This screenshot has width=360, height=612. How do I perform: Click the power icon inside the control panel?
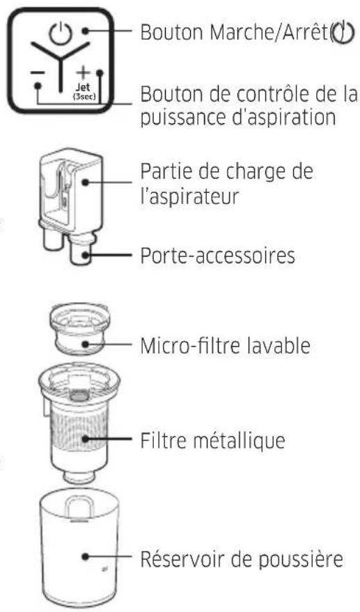coord(60,33)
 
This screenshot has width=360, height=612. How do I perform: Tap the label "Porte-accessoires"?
coord(217,256)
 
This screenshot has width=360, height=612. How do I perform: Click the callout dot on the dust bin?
coord(86,556)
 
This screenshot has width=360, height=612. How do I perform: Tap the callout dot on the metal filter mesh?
coord(86,439)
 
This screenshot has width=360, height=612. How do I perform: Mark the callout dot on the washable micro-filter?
coord(86,344)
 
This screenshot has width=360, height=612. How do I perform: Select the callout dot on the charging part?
coord(86,182)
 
